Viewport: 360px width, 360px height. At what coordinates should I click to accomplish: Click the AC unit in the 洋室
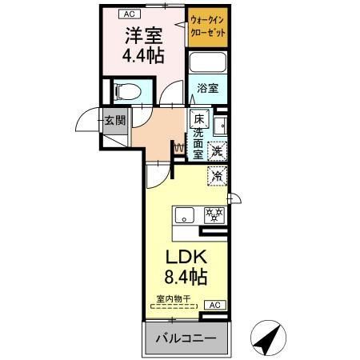(x=128, y=14)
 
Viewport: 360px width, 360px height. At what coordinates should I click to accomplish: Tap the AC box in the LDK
(x=214, y=305)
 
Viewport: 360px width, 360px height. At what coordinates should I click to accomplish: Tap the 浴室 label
(x=206, y=90)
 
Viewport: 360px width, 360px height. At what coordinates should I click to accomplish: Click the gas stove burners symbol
(x=214, y=214)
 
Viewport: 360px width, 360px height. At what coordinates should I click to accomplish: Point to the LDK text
(x=186, y=258)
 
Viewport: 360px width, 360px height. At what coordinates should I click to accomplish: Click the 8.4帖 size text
(x=186, y=278)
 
